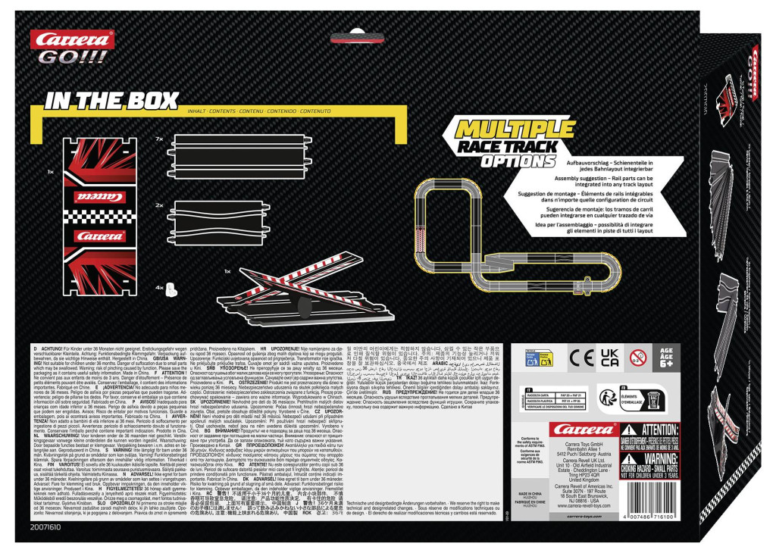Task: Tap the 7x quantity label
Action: click(159, 139)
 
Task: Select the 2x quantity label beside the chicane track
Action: click(159, 205)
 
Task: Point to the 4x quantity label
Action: click(159, 289)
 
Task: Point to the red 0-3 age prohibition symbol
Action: click(638, 356)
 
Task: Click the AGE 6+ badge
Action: click(667, 356)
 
